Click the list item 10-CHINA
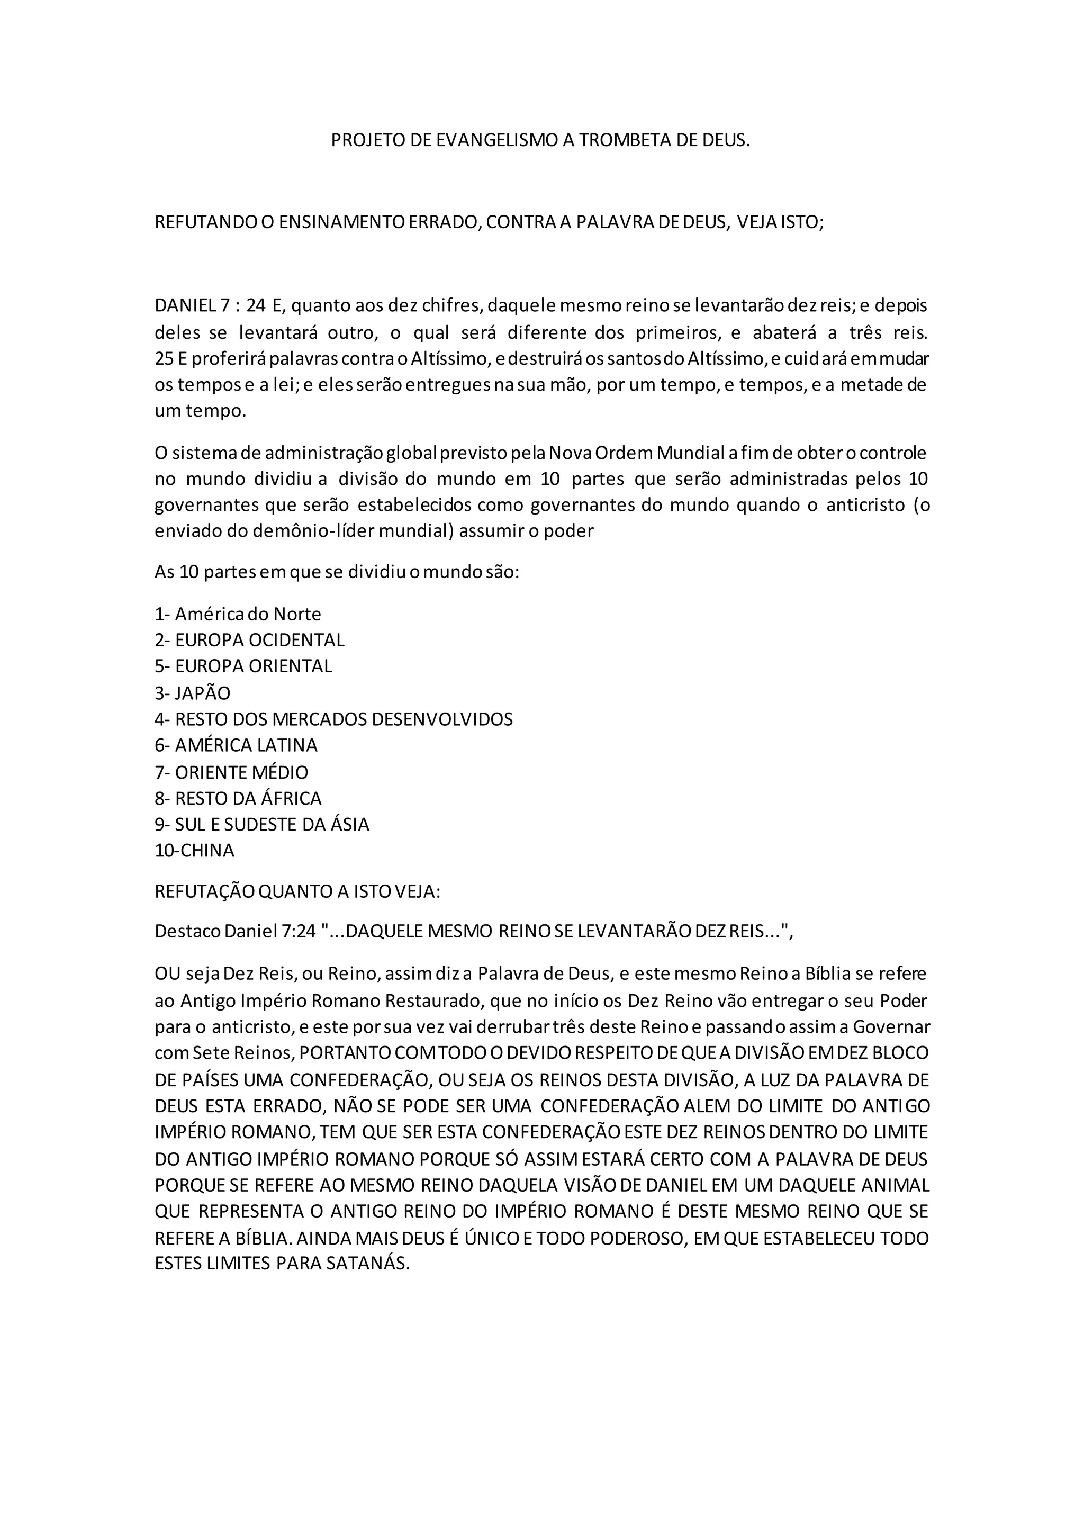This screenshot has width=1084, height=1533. point(195,851)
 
